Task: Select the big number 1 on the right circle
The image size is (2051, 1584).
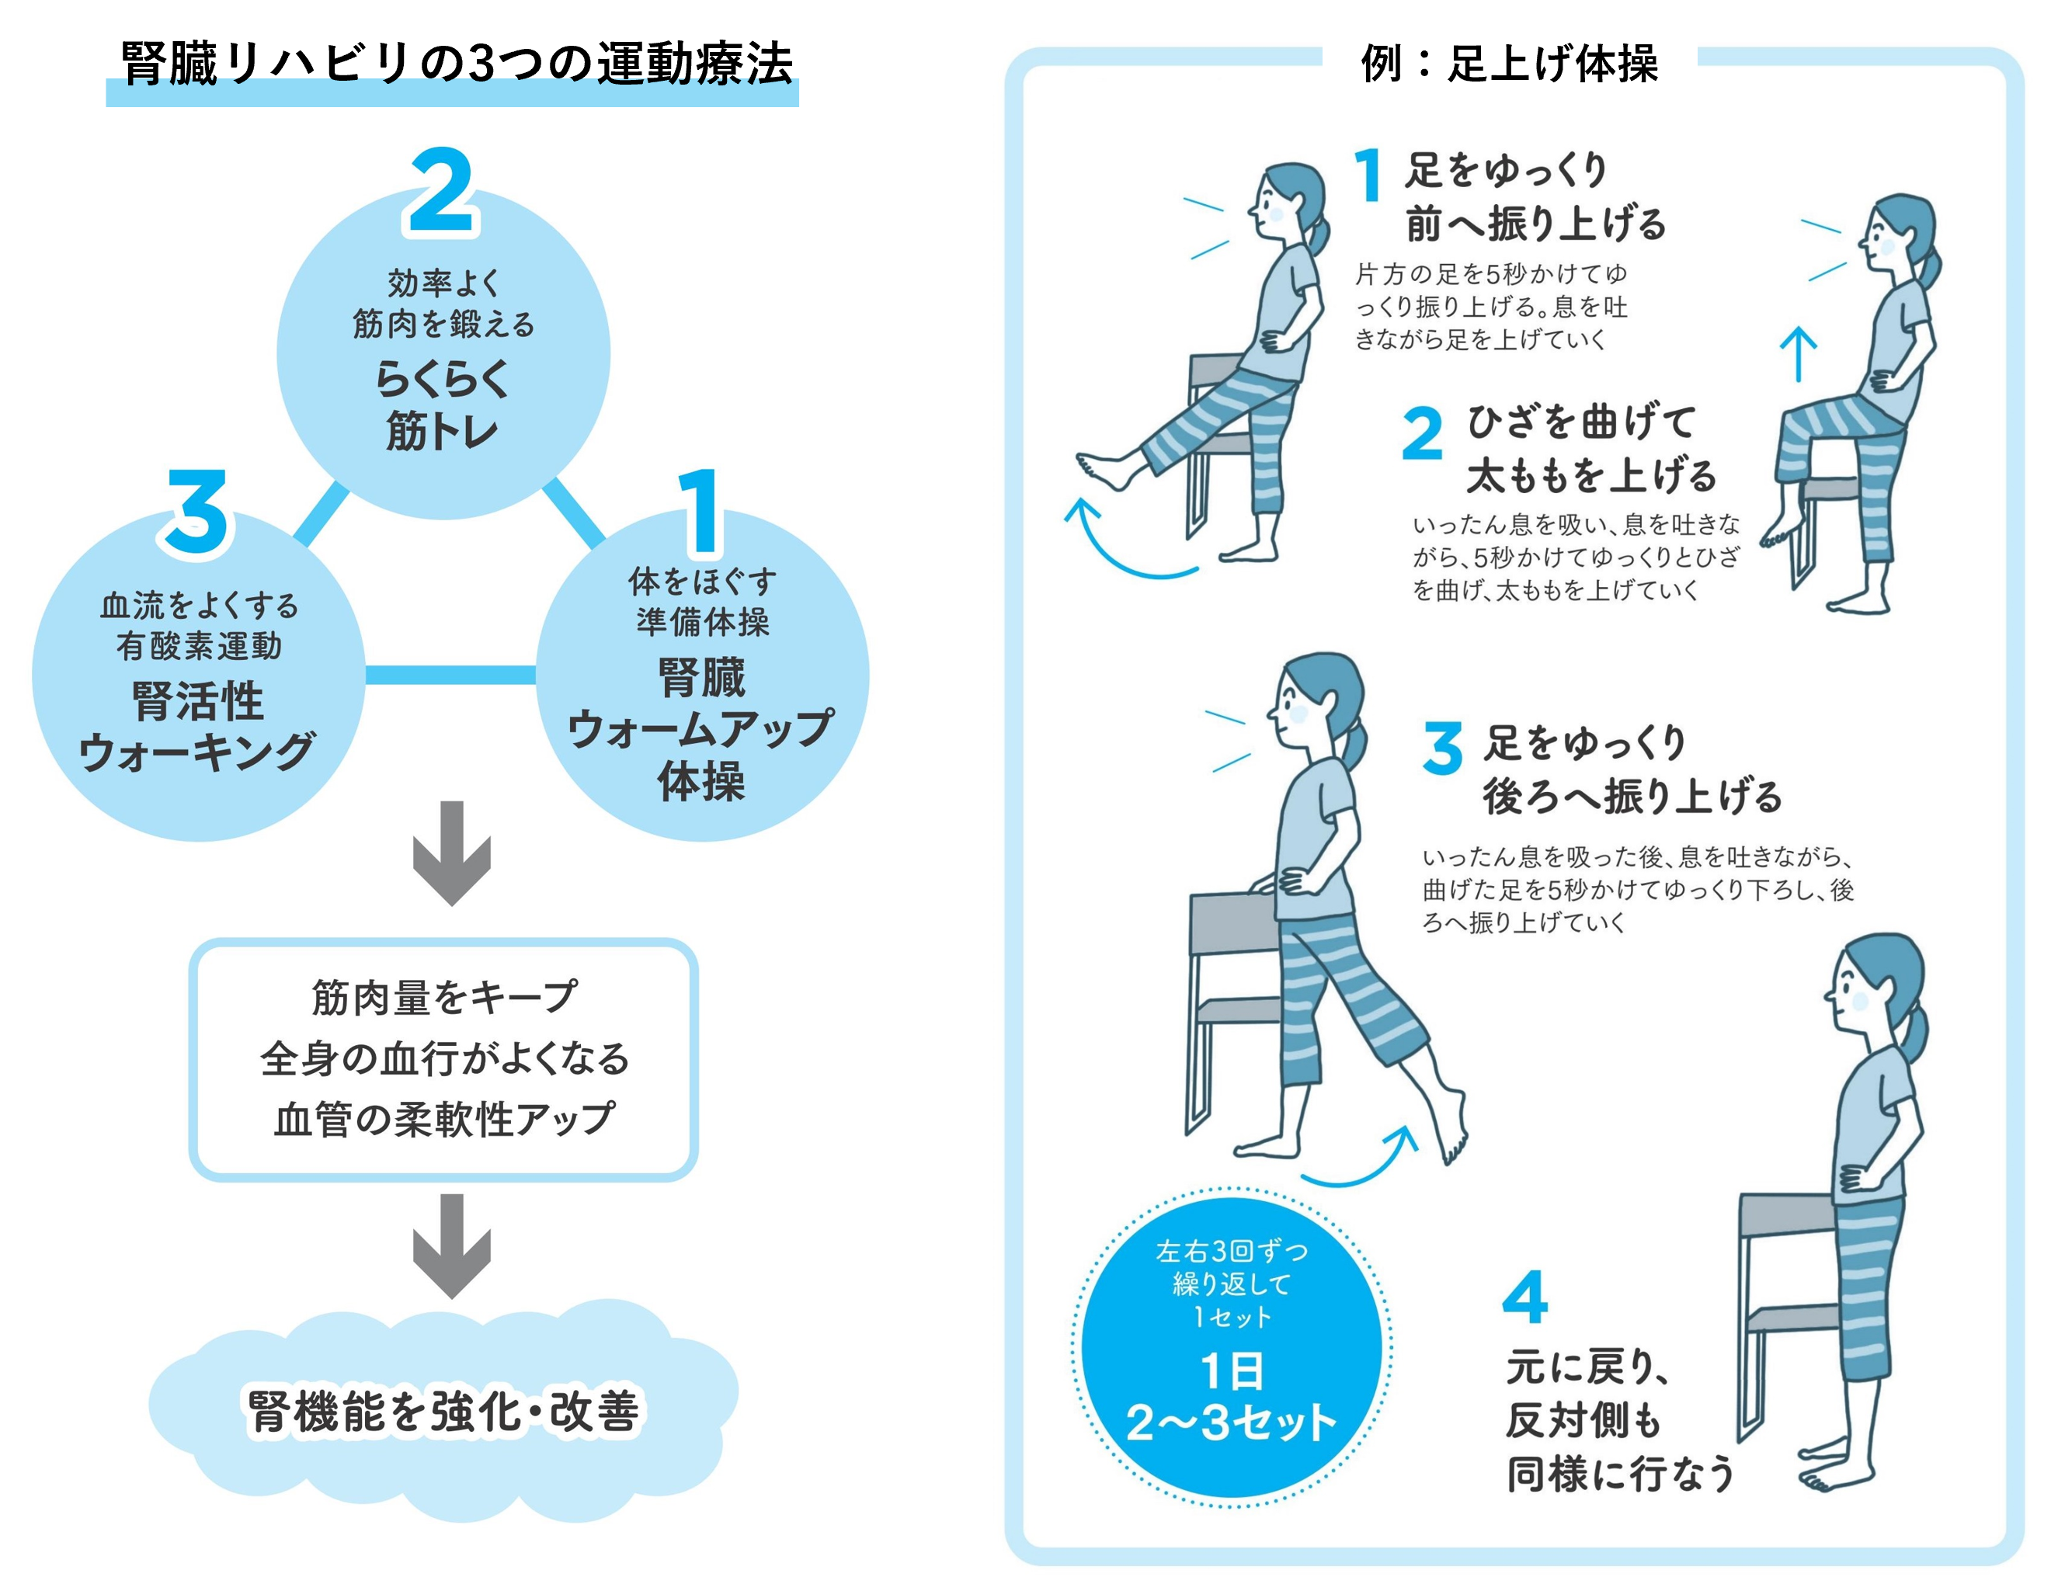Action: point(700,512)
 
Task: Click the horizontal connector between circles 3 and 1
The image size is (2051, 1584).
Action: point(450,675)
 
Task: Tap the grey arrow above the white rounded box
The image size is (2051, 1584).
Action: point(452,853)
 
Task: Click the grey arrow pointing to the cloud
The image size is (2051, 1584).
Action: point(452,1245)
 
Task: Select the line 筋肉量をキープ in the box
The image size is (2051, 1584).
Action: point(443,997)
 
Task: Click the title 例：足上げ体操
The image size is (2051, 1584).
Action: point(1509,64)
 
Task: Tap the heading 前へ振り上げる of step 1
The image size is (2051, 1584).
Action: point(1535,224)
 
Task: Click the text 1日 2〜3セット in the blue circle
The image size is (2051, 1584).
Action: point(1230,1397)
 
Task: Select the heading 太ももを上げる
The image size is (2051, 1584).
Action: point(1592,475)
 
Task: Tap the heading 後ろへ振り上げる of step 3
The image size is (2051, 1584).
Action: point(1632,796)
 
